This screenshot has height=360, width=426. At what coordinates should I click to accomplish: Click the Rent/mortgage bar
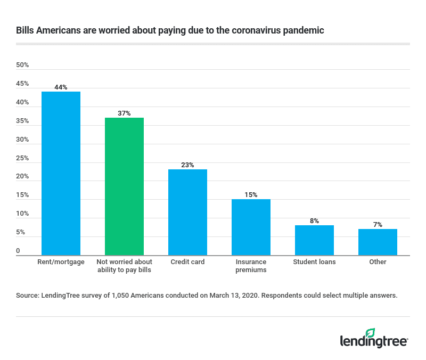pos(61,173)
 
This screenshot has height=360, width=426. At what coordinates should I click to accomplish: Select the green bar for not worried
pos(124,186)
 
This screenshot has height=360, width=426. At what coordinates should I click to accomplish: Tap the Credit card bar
pos(187,212)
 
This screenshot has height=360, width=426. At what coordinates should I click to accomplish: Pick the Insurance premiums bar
pos(251,227)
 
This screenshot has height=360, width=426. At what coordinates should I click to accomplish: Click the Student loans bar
pos(314,240)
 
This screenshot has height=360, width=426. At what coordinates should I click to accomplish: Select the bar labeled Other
pos(378,242)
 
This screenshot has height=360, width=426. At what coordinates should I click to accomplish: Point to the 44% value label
pos(61,87)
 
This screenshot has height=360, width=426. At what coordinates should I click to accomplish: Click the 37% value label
pos(124,113)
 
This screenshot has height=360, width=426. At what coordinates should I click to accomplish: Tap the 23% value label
pos(187,165)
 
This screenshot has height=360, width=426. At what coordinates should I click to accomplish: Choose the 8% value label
pos(314,221)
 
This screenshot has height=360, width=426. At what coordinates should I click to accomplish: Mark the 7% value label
pos(378,225)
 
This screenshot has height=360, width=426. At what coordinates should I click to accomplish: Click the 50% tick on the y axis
pos(22,65)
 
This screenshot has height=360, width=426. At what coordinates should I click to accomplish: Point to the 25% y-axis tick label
pos(22,158)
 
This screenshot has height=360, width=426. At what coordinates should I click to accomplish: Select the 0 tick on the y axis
pos(18,251)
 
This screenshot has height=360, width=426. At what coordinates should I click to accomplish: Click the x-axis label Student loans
pos(314,262)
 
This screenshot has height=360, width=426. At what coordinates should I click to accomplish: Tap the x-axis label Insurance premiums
pos(251,266)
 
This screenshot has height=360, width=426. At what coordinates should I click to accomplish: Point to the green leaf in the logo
pos(371,332)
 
